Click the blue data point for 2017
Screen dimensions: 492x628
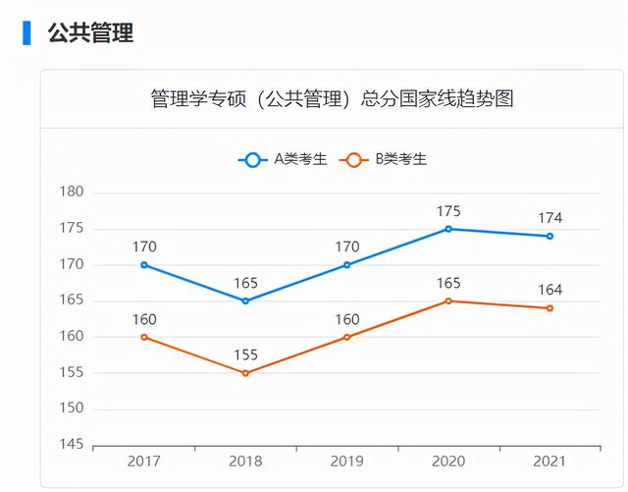144,265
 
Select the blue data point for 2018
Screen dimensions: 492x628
245,301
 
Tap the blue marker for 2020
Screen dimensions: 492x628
448,229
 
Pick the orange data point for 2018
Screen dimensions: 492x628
245,373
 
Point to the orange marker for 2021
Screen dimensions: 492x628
549,308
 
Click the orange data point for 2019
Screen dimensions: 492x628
346,337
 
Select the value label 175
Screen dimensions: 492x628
448,211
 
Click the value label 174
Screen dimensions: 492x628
549,218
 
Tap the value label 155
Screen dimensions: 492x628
245,355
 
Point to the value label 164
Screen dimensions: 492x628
549,290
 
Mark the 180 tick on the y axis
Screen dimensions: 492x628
72,192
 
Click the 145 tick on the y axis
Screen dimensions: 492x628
72,445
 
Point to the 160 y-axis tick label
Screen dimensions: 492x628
72,337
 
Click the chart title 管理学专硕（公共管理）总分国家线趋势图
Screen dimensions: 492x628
333,99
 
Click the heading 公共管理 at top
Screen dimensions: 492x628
90,33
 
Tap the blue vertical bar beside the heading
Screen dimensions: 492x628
26,32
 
